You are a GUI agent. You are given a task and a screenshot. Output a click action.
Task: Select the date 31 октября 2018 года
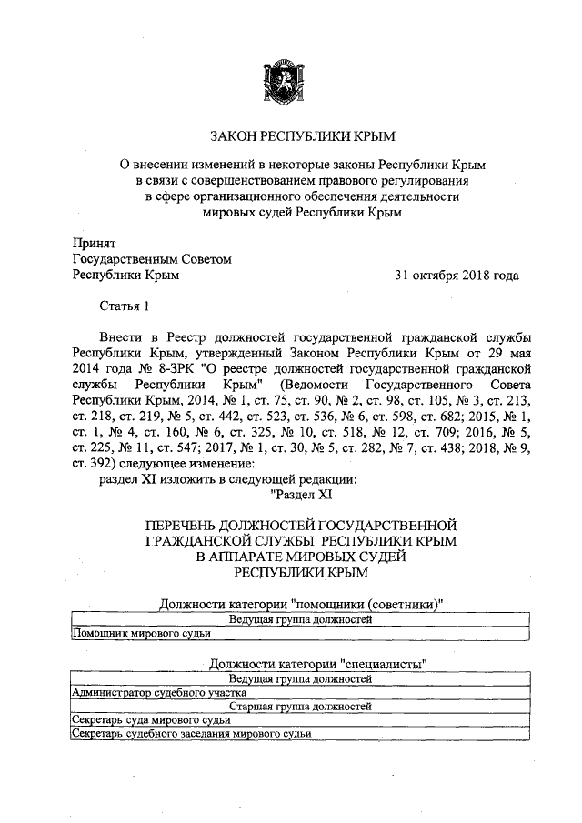(x=457, y=275)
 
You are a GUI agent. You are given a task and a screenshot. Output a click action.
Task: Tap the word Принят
(x=95, y=242)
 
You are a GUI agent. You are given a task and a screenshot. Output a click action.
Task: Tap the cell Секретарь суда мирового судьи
(x=136, y=718)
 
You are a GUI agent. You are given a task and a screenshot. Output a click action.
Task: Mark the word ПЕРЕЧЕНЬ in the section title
(x=185, y=526)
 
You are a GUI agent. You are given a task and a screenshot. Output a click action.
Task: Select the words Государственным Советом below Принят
(x=152, y=258)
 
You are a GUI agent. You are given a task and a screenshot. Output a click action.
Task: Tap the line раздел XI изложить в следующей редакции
(x=227, y=478)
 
